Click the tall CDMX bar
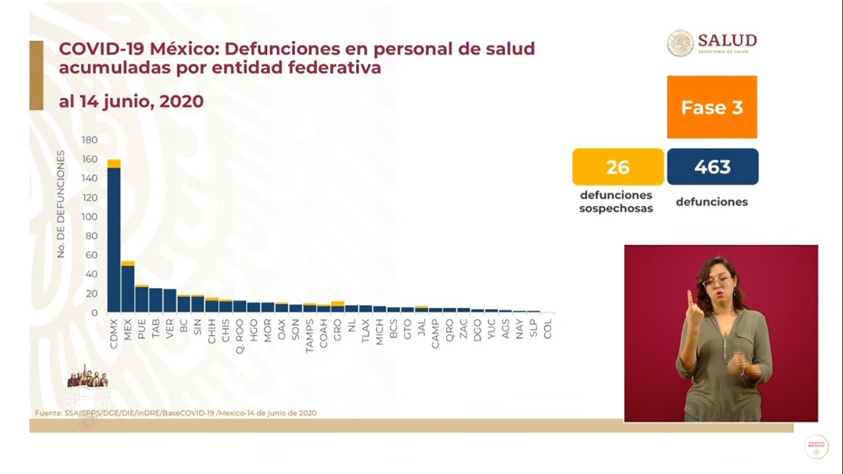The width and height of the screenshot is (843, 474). [x=113, y=239]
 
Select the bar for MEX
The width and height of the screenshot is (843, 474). [x=127, y=288]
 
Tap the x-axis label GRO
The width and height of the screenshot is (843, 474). [x=338, y=328]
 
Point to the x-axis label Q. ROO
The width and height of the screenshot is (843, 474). [x=239, y=332]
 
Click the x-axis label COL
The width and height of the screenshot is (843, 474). [x=548, y=327]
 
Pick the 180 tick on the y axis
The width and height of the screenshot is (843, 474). [x=89, y=140]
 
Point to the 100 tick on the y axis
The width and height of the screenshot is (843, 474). [x=89, y=216]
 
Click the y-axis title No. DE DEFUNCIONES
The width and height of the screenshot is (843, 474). [x=61, y=204]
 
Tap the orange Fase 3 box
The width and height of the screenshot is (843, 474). [x=712, y=107]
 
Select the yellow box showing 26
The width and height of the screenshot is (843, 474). [x=617, y=167]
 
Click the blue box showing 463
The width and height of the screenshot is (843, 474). [x=712, y=167]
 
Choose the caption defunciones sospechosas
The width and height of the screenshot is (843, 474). [x=617, y=202]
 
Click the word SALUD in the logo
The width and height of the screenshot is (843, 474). [x=727, y=39]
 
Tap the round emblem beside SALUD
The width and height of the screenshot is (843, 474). [x=680, y=44]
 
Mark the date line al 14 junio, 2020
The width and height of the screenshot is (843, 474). [x=131, y=102]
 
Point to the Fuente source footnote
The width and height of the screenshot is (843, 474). [x=176, y=413]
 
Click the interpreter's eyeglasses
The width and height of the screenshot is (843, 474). [x=716, y=282]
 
